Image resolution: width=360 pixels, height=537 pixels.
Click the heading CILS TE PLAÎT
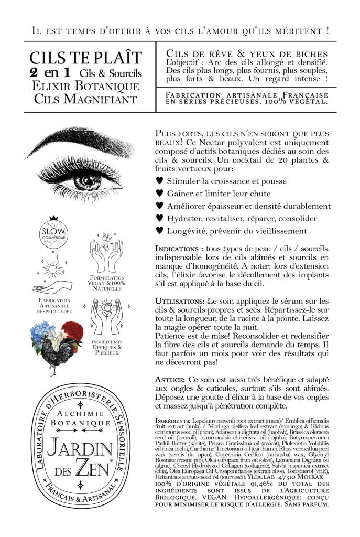pos(85,57)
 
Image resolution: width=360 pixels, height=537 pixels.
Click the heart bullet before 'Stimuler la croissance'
pos(159,181)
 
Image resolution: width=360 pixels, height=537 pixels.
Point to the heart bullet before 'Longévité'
pos(159,231)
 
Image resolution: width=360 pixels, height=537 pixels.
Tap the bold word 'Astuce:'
pos(170,379)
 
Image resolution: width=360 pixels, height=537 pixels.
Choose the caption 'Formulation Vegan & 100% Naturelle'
pos(107,283)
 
